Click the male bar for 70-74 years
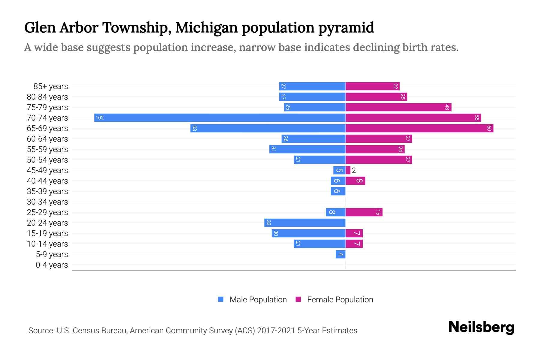click(220, 118)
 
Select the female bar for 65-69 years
click(419, 128)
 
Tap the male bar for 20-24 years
click(305, 223)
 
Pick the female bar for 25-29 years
click(364, 212)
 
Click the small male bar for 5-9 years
click(340, 254)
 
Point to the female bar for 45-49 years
click(348, 170)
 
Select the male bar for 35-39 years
click(338, 191)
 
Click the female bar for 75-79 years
click(398, 107)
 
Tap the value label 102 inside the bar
click(100, 118)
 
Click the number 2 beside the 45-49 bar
click(354, 170)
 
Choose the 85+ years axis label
click(50, 86)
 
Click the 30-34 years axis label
click(47, 202)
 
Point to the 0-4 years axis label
click(52, 265)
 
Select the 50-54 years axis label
click(47, 160)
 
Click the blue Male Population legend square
click(221, 299)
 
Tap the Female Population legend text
click(340, 299)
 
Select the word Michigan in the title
click(207, 28)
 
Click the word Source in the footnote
click(41, 331)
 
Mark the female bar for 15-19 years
click(354, 233)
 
